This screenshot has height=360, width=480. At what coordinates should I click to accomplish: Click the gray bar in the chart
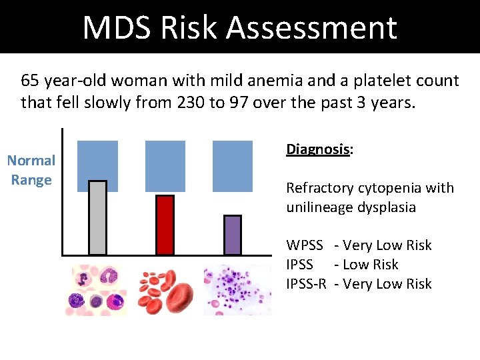(x=97, y=217)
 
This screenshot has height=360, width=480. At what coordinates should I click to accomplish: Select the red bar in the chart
(x=165, y=225)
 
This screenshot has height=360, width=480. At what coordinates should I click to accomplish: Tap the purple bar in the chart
(x=232, y=235)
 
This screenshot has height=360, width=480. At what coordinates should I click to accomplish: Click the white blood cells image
(x=95, y=291)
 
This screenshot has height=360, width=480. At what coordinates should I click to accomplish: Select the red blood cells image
(x=165, y=291)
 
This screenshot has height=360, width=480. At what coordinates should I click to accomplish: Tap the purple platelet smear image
(x=237, y=291)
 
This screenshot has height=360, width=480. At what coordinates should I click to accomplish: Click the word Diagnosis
(x=318, y=149)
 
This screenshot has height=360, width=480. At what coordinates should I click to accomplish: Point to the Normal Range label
(x=31, y=170)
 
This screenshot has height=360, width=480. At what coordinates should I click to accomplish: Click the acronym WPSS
(x=305, y=245)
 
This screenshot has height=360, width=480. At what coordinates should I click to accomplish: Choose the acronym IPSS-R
(x=306, y=284)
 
